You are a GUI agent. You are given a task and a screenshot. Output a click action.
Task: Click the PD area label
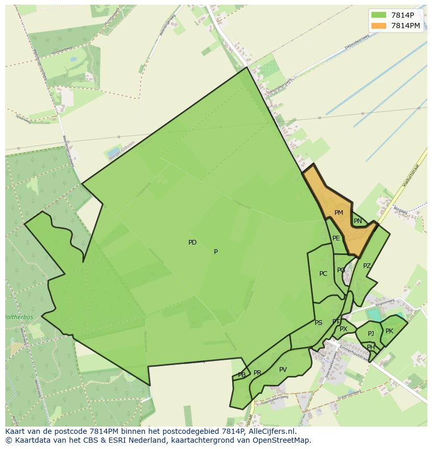193,242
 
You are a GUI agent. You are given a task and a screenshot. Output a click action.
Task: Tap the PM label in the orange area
339,213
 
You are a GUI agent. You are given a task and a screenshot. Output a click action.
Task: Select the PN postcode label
358,221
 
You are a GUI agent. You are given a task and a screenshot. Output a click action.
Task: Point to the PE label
336,238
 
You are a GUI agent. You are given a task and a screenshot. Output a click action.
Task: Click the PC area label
323,274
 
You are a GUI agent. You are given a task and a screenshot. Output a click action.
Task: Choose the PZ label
367,266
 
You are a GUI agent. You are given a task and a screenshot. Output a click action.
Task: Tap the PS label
318,323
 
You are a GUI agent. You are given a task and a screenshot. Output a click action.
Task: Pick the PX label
343,329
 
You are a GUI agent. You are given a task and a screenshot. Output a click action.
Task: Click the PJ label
371,334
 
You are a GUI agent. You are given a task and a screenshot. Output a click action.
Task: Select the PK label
389,331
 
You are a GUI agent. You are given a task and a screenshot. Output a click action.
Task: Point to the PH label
370,347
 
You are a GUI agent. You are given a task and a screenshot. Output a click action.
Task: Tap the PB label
242,375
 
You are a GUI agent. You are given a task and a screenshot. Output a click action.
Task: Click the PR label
257,373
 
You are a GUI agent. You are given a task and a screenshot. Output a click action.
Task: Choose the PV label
283,370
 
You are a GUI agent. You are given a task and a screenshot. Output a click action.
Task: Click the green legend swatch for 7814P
379,15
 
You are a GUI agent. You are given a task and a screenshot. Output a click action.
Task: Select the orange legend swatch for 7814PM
379,26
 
